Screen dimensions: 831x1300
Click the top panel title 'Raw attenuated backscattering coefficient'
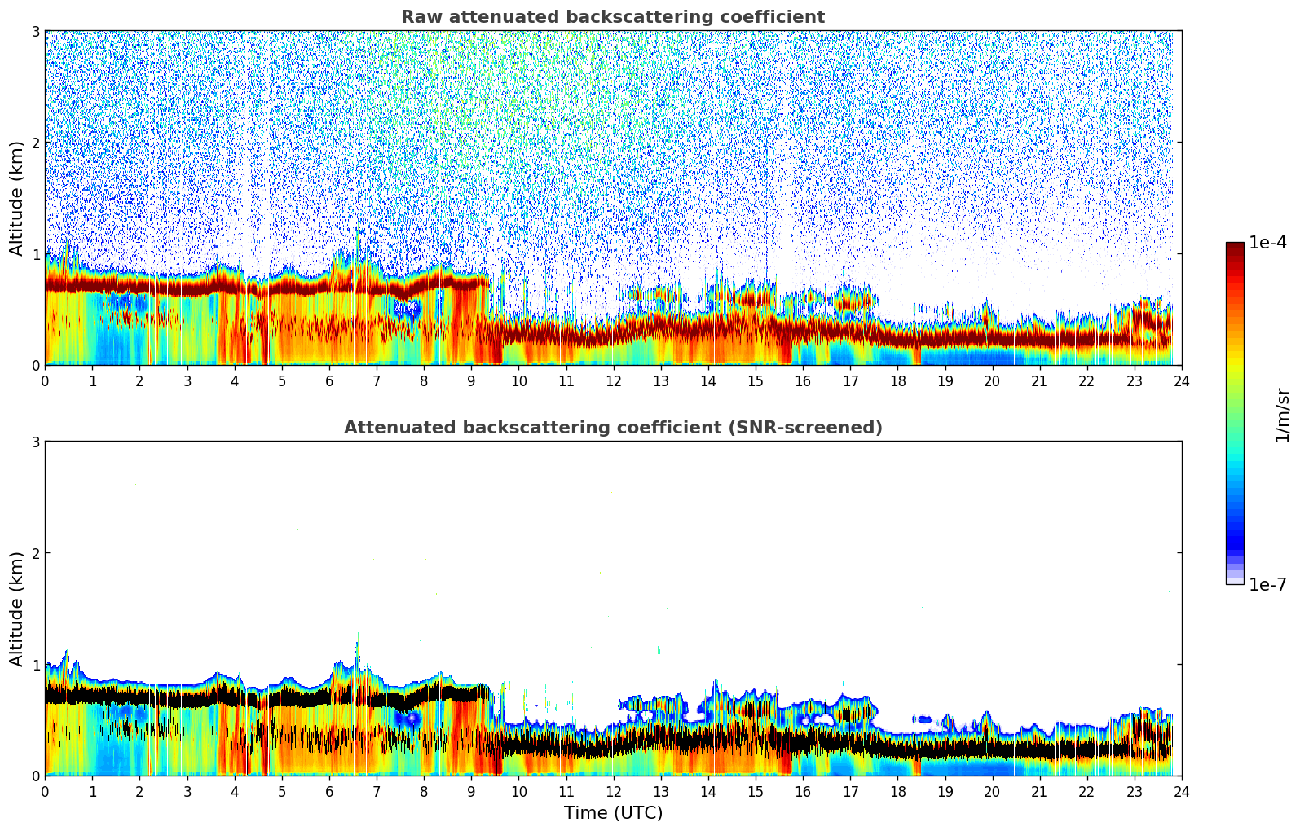click(612, 17)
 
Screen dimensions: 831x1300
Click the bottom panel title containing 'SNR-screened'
click(612, 428)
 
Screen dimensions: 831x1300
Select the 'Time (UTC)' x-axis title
click(613, 813)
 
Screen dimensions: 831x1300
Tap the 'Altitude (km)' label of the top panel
click(17, 198)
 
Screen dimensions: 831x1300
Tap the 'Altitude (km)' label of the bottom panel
click(17, 609)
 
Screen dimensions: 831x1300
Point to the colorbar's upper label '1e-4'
click(1267, 243)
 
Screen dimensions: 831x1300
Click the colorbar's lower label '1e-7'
click(1267, 585)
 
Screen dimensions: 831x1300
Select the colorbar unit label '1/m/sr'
click(1282, 415)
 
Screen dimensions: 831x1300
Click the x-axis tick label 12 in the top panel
click(613, 381)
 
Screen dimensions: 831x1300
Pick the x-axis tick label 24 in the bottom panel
click(1181, 792)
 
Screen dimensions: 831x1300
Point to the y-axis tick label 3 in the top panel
click(36, 31)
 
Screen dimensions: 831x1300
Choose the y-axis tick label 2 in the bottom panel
click(36, 553)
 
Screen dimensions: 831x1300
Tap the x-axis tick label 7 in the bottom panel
click(377, 792)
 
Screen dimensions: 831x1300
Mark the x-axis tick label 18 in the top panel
click(897, 381)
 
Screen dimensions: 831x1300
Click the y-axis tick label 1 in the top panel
click(36, 254)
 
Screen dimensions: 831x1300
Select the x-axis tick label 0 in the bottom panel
click(45, 792)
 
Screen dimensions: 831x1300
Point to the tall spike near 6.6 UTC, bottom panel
click(357, 648)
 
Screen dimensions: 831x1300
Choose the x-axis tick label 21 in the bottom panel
click(1039, 792)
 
